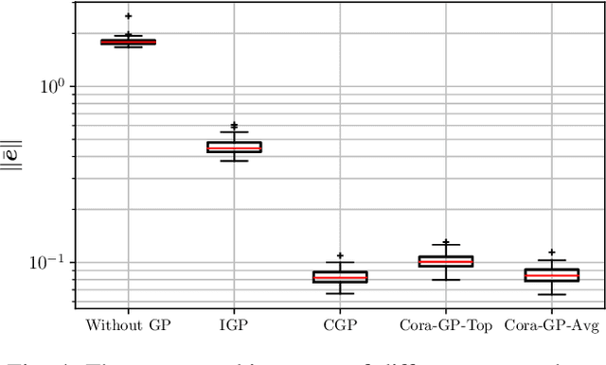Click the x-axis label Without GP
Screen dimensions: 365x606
coord(128,326)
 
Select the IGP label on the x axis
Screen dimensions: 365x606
coord(234,326)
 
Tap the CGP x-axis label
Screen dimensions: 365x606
coord(340,326)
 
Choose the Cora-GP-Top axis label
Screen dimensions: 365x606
coord(446,326)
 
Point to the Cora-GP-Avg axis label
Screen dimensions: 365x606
coord(552,326)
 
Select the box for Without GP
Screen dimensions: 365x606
coord(128,42)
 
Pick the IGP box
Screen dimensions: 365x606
coord(234,147)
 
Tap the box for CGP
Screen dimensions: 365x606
coord(340,277)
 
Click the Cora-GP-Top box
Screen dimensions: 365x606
coord(446,261)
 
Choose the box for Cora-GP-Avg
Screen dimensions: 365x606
coord(552,275)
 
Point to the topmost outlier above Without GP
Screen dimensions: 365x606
coord(128,16)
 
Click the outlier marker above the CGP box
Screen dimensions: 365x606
coord(340,256)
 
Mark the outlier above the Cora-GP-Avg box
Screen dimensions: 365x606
coord(552,252)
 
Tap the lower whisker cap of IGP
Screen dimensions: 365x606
coord(234,161)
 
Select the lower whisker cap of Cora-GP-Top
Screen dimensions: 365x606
coord(446,280)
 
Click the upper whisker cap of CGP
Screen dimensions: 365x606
coord(340,262)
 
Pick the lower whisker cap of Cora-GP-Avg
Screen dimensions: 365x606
coord(552,294)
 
